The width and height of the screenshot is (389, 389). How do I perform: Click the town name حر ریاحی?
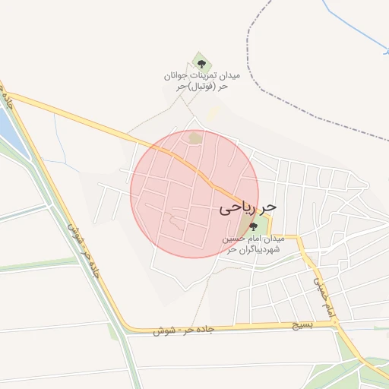248,207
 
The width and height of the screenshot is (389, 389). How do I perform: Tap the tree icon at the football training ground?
201,64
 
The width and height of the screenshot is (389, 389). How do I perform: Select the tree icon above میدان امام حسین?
253,226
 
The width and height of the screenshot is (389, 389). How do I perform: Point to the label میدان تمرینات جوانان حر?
201,77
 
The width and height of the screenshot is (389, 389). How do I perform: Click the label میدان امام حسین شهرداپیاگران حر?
253,243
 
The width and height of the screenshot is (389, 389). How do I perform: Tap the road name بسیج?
303,324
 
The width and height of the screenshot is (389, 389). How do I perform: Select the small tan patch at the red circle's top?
195,138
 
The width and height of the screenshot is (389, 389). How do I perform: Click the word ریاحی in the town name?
238,207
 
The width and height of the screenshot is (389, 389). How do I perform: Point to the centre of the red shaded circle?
194,194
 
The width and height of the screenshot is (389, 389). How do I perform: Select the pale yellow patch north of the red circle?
215,112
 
